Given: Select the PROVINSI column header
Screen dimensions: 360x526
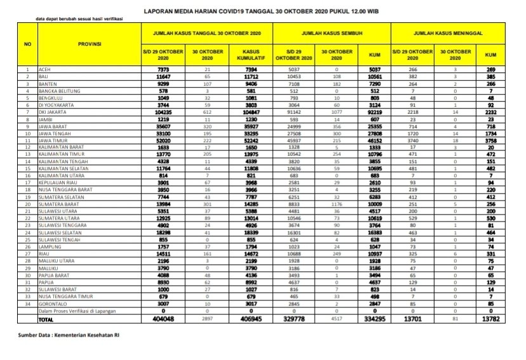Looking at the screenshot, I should pyautogui.click(x=88, y=44).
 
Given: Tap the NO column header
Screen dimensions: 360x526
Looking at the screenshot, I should pyautogui.click(x=27, y=44).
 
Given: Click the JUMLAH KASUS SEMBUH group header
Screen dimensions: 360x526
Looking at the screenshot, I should pyautogui.click(x=332, y=31).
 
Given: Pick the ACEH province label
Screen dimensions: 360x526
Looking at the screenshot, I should pyautogui.click(x=44, y=68).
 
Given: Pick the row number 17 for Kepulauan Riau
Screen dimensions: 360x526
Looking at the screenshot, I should pyautogui.click(x=27, y=183).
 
